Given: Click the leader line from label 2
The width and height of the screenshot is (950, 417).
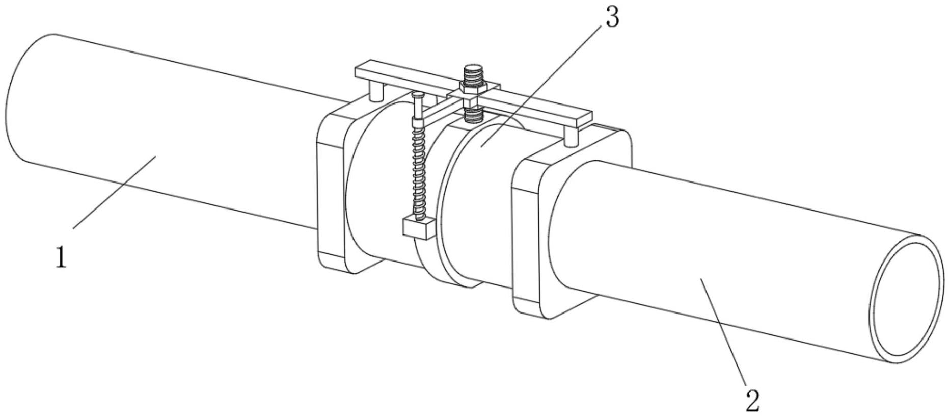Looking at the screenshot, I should [x=723, y=331].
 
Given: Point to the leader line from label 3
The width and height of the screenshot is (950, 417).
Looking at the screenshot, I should [x=540, y=87].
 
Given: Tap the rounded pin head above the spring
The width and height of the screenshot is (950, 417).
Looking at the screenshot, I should [x=417, y=95].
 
